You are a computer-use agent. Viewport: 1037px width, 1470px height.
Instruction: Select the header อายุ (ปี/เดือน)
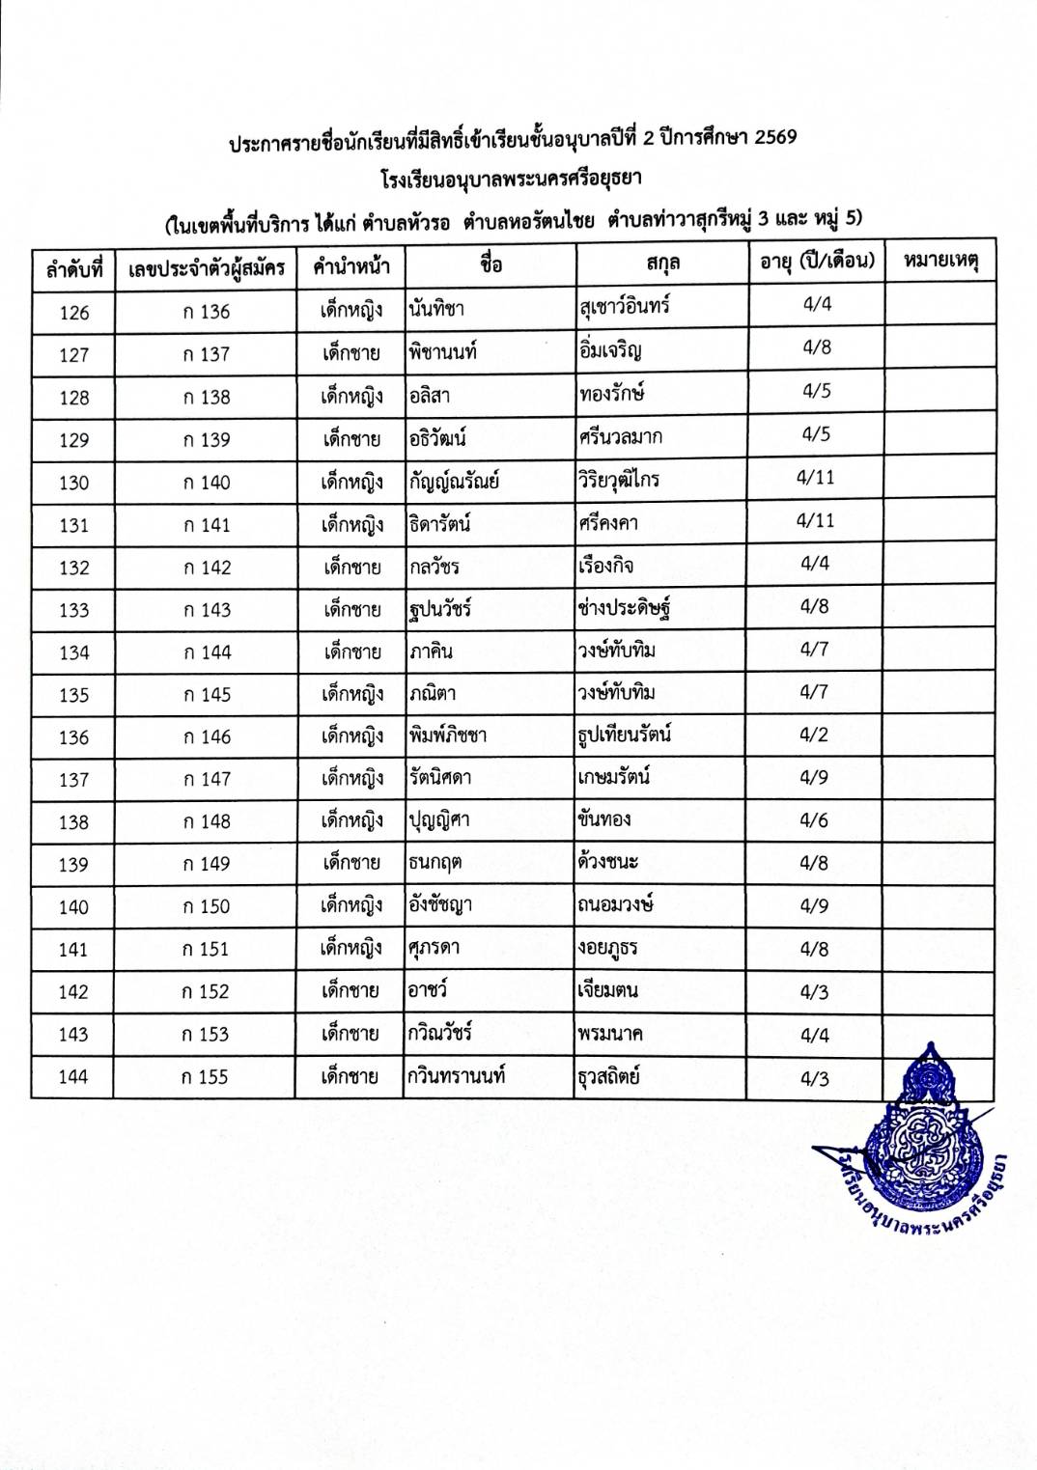click(x=817, y=262)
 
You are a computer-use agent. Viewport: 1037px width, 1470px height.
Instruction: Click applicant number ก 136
click(x=207, y=312)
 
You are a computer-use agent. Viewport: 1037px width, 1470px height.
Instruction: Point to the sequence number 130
click(x=74, y=483)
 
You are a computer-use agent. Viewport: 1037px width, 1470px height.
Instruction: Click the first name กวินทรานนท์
click(x=457, y=1076)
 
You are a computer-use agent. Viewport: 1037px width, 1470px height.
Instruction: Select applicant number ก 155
click(x=206, y=1077)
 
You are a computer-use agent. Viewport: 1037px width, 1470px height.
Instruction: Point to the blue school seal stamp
click(x=925, y=1134)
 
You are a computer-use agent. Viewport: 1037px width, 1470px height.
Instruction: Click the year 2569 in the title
click(x=775, y=137)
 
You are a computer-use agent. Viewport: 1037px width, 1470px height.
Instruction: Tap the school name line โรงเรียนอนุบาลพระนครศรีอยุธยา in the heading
click(x=512, y=180)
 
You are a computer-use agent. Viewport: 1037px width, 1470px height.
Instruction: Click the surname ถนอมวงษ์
click(x=615, y=904)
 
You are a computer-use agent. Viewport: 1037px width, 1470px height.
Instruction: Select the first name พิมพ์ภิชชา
click(x=447, y=735)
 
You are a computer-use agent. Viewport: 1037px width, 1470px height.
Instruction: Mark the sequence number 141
click(x=73, y=950)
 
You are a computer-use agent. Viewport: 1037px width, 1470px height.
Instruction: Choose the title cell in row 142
click(x=350, y=991)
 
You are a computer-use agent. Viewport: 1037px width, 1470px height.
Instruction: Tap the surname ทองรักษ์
click(x=611, y=393)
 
